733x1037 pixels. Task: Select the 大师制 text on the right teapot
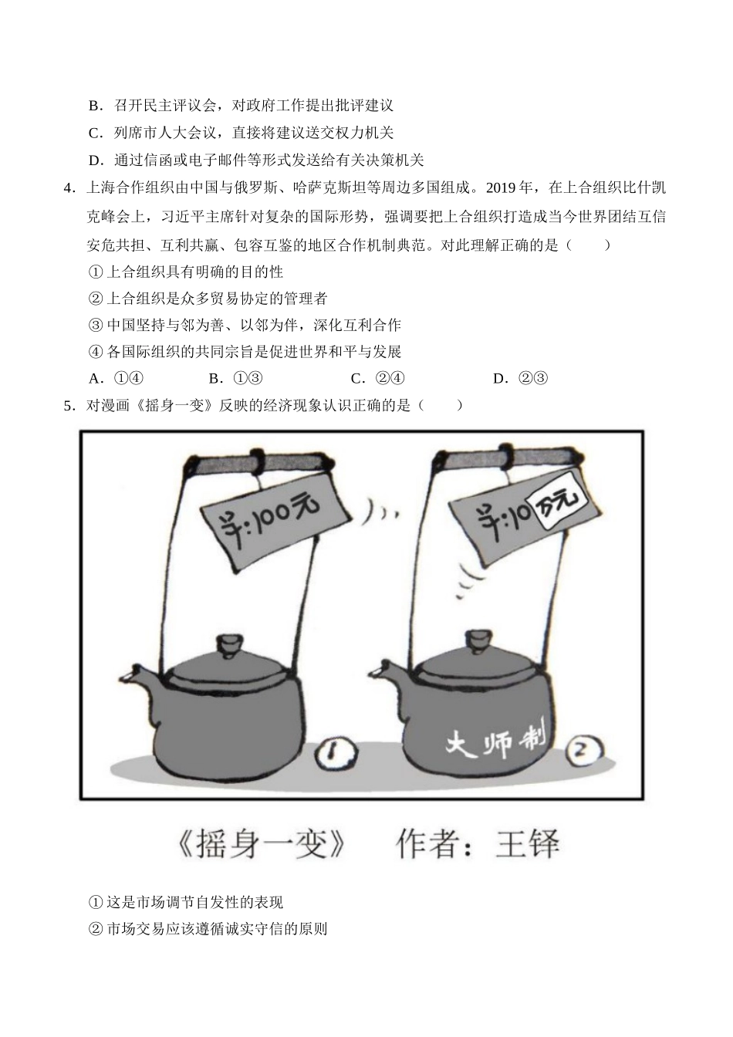[x=495, y=741]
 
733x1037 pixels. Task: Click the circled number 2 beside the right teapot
[x=584, y=748]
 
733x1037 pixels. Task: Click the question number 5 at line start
[x=68, y=405]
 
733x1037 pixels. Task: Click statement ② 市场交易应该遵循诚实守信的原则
[x=208, y=929]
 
